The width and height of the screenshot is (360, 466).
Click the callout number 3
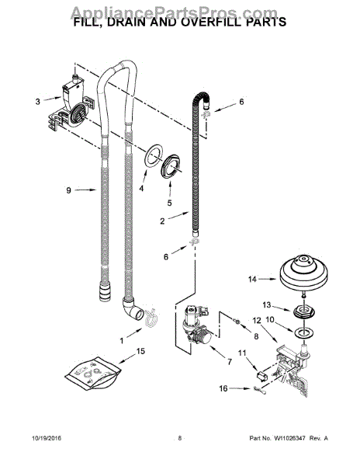[38, 102]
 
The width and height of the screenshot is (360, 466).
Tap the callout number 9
[68, 190]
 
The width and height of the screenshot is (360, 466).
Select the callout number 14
[252, 279]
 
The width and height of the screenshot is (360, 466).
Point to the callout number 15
[140, 351]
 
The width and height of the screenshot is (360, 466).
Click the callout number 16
[223, 388]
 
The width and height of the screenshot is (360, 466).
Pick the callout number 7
[230, 362]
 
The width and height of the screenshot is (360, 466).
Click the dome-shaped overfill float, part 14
[303, 273]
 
